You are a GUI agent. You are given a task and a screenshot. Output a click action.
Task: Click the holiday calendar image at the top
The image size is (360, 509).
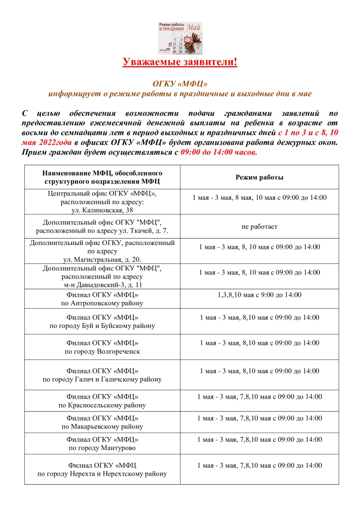(x=180, y=38)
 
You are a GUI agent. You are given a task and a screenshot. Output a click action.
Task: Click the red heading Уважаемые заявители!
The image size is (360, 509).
(x=180, y=62)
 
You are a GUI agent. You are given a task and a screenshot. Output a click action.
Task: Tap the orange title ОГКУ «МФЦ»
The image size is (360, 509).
(x=180, y=84)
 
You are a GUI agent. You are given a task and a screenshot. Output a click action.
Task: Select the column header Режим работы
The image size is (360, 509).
(x=259, y=177)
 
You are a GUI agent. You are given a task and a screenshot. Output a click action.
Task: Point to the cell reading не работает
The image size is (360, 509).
(x=259, y=227)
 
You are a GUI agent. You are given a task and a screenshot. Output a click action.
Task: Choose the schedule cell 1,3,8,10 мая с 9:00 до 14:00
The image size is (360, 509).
(x=259, y=295)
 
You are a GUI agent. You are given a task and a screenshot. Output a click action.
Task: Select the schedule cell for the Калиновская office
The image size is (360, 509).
(x=259, y=198)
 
